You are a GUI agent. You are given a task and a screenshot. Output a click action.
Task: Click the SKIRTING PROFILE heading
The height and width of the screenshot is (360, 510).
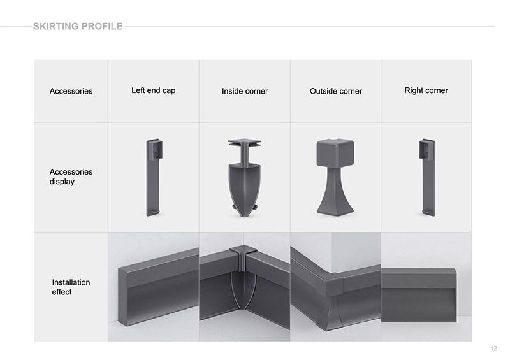tap(78, 26)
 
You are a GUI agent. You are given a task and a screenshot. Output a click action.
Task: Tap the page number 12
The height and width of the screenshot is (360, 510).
tap(493, 349)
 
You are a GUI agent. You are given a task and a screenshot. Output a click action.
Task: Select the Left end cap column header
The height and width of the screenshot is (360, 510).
tap(153, 90)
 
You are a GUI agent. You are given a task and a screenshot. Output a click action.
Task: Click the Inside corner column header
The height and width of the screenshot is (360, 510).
tap(245, 91)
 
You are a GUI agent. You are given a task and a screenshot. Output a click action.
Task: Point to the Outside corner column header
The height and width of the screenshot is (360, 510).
tap(336, 91)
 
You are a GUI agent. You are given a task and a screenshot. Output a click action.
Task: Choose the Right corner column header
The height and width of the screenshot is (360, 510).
tap(426, 90)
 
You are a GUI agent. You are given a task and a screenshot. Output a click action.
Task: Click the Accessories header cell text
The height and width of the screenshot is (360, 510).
tap(71, 91)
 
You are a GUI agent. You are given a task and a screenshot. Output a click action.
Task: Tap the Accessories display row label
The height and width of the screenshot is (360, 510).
tap(71, 176)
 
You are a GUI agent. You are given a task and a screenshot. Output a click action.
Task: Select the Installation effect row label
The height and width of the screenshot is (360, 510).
tap(71, 287)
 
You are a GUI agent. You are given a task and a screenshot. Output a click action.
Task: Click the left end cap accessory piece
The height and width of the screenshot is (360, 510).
tap(154, 178)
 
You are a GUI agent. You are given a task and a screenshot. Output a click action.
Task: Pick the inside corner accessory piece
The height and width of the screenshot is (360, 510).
tap(244, 178)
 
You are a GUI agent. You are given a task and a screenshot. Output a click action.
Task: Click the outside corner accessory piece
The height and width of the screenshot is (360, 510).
tap(335, 177)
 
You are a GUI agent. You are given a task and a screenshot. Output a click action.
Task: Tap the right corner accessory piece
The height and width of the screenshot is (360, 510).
tap(427, 178)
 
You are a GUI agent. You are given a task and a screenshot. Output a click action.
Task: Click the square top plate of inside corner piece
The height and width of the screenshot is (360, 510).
tap(244, 142)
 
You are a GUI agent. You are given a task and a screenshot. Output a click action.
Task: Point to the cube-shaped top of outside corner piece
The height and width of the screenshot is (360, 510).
tap(335, 152)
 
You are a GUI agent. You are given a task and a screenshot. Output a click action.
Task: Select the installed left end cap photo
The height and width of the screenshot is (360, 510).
tap(153, 287)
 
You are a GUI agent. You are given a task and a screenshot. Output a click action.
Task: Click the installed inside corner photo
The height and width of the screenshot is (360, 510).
tap(245, 287)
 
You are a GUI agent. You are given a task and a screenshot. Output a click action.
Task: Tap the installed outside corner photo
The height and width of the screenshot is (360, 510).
tap(336, 287)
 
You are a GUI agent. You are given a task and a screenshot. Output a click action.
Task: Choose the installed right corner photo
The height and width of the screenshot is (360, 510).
tap(426, 287)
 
